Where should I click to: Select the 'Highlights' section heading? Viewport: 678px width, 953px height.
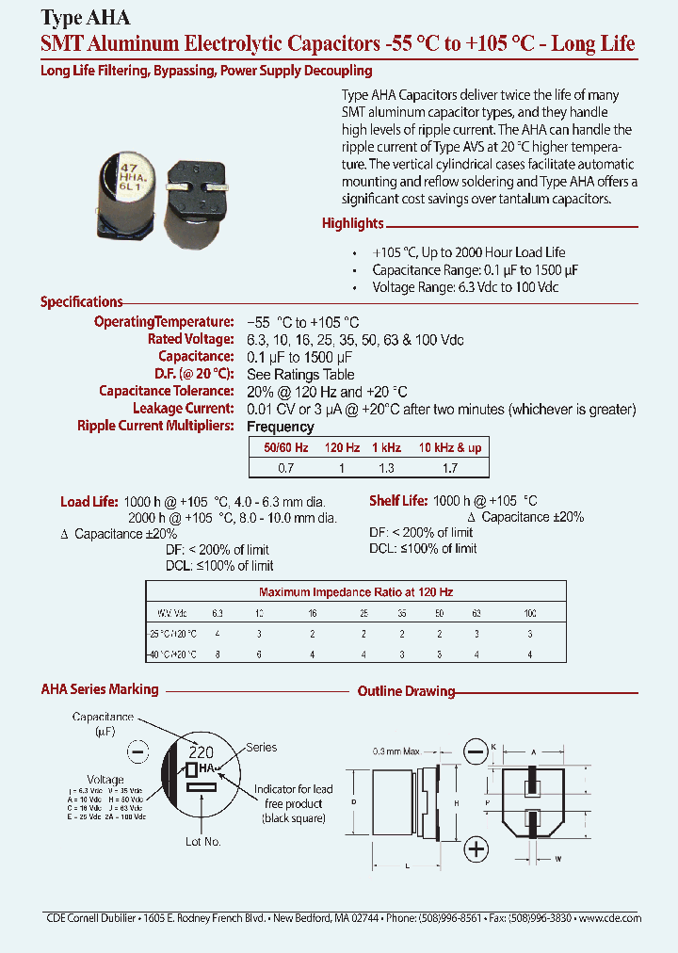pyautogui.click(x=353, y=224)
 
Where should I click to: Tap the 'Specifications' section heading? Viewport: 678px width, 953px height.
pyautogui.click(x=82, y=302)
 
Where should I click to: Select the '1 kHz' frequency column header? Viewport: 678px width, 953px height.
pyautogui.click(x=385, y=448)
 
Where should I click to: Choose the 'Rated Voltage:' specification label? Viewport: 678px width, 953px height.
pyautogui.click(x=190, y=339)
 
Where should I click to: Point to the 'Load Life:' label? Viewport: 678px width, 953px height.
pyautogui.click(x=89, y=502)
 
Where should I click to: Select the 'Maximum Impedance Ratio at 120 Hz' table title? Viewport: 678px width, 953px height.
pyautogui.click(x=356, y=592)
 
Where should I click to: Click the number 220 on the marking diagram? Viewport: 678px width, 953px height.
pyautogui.click(x=202, y=752)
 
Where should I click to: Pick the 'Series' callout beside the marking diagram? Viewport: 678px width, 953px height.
pyautogui.click(x=261, y=748)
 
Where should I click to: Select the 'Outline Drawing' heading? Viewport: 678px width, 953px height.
pyautogui.click(x=406, y=692)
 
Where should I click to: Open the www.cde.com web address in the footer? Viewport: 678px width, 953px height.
pyautogui.click(x=609, y=917)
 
